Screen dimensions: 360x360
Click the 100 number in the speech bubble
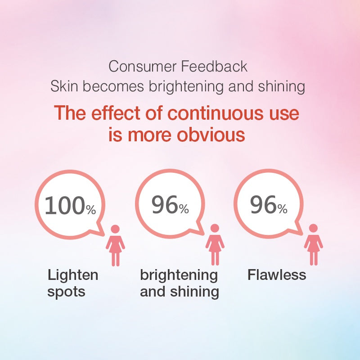pos(65,206)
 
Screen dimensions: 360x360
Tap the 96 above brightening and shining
pos(164,205)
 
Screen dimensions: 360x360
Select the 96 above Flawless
pos(263,205)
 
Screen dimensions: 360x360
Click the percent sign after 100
pos(91,210)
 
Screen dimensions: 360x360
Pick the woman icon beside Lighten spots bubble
pos(115,245)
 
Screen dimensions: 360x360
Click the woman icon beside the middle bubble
pos(215,245)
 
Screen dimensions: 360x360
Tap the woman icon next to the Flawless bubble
pos(313,245)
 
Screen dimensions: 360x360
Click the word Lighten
pos(72,275)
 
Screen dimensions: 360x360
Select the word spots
pos(66,291)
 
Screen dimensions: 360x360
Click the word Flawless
pos(277,274)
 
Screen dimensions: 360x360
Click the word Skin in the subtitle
pos(63,86)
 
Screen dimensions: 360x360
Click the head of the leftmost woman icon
pos(115,229)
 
